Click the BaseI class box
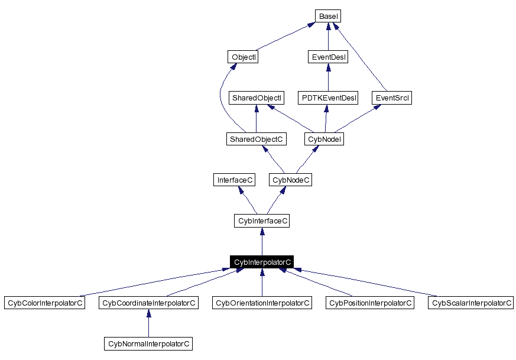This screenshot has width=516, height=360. click(x=328, y=17)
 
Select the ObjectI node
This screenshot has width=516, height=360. click(x=243, y=57)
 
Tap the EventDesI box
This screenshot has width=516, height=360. click(x=328, y=57)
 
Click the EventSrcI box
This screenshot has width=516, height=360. click(x=392, y=98)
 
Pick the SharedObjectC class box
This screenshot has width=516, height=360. click(x=256, y=140)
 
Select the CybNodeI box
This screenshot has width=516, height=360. click(x=324, y=140)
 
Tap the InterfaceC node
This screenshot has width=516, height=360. click(x=235, y=180)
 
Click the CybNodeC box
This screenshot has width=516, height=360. click(x=290, y=180)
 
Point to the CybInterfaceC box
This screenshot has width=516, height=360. click(x=262, y=221)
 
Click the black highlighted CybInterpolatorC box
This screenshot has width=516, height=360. click(x=262, y=262)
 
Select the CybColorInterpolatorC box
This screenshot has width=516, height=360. click(x=44, y=303)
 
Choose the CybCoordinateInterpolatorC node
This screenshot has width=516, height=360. click(x=148, y=303)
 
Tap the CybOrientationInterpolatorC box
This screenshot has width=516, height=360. click(x=262, y=303)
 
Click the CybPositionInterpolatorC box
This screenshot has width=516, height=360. click(x=370, y=303)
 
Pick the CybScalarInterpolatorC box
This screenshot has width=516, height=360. click(x=471, y=303)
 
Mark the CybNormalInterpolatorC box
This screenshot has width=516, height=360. click(x=148, y=343)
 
